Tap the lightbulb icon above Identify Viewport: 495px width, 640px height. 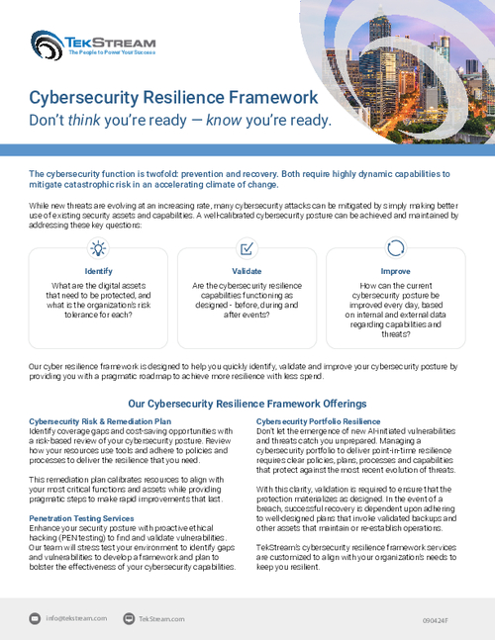click(98, 248)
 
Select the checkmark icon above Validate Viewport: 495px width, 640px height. click(247, 248)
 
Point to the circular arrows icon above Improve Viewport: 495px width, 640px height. click(395, 248)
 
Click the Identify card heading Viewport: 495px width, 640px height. click(98, 270)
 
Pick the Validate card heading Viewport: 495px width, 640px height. click(247, 270)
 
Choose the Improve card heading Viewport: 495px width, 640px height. click(395, 270)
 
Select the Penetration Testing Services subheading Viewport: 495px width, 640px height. click(81, 517)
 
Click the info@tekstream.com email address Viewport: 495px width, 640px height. click(75, 618)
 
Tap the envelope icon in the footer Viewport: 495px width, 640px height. click(35, 618)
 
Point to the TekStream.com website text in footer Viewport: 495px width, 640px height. click(161, 618)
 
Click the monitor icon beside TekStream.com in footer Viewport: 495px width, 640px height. click(128, 618)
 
